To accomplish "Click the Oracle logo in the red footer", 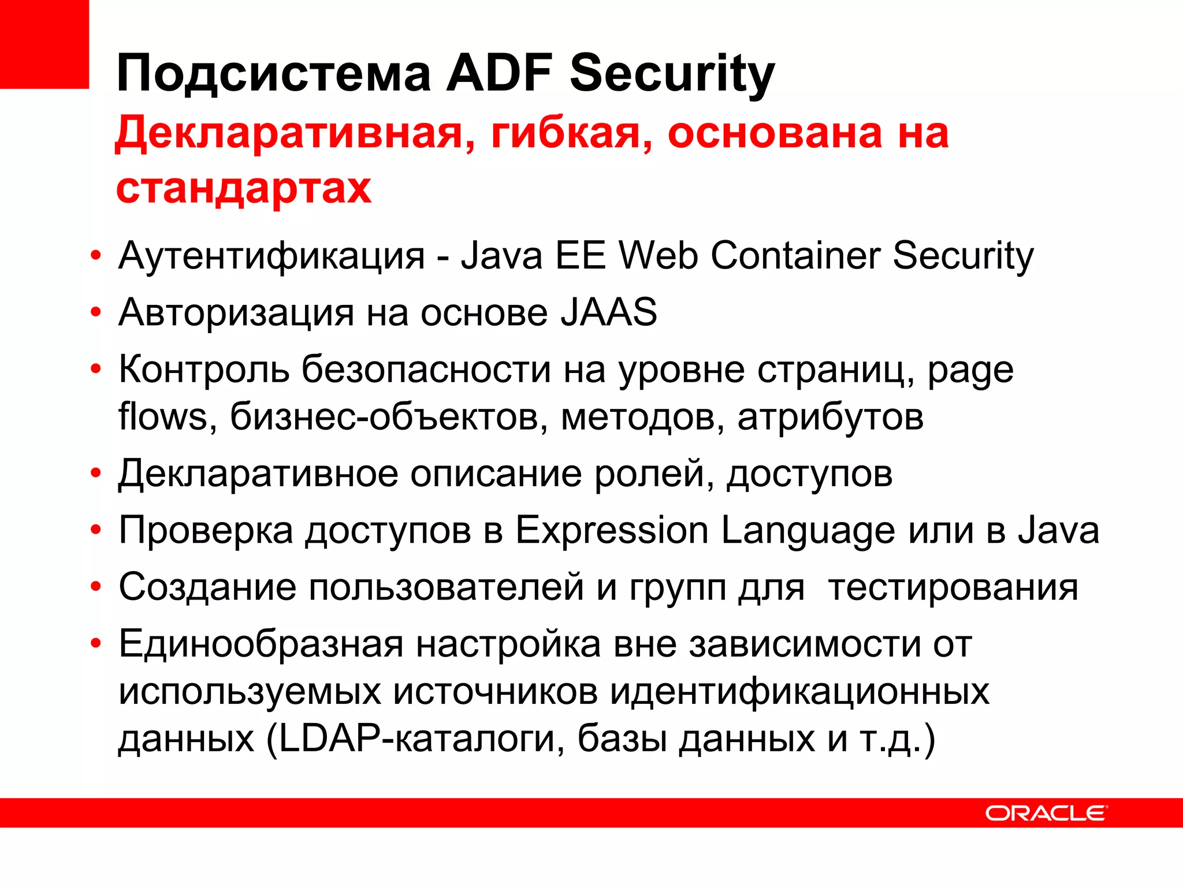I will click(x=1046, y=813).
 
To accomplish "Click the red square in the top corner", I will click(x=44, y=44).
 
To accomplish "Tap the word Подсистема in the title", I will click(x=274, y=73).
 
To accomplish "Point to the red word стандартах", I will click(x=244, y=188).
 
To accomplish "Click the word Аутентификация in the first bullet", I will click(x=272, y=256).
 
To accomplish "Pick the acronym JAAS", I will click(x=609, y=312).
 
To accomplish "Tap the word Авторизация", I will click(x=236, y=312).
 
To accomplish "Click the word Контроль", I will click(x=204, y=370).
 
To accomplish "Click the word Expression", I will click(x=612, y=531).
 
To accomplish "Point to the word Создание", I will click(x=207, y=587).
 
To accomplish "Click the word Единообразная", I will click(x=261, y=644).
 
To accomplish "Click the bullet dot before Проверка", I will click(x=96, y=530).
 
